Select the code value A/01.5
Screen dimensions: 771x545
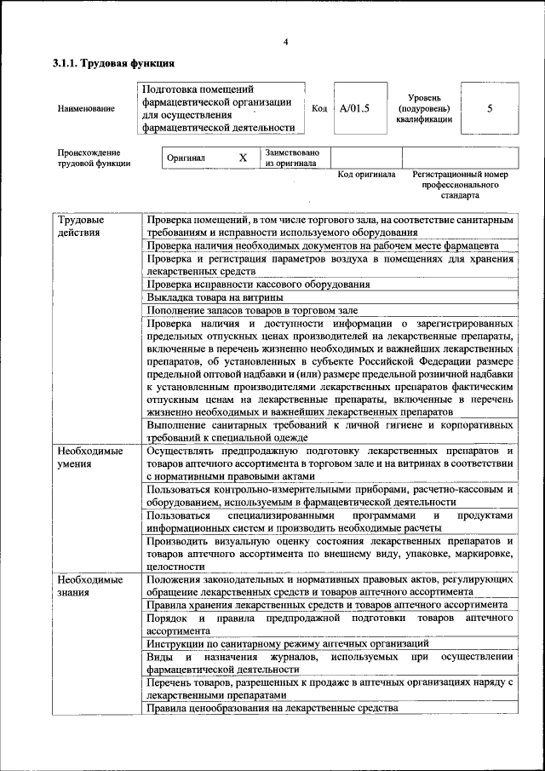354,109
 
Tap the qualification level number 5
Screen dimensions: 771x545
490,109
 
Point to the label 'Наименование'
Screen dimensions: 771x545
86,109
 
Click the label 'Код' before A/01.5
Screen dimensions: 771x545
319,109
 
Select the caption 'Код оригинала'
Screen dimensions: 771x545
367,174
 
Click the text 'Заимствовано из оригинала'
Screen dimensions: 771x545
292,158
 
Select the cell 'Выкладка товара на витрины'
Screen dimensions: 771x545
215,297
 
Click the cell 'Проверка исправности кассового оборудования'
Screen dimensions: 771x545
258,284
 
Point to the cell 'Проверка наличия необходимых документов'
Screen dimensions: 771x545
322,245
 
